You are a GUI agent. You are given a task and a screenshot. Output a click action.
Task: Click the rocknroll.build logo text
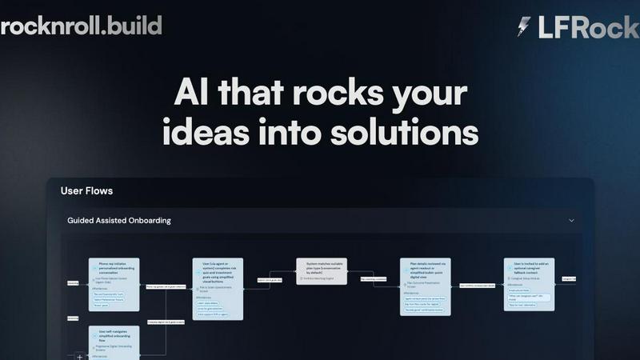(x=81, y=25)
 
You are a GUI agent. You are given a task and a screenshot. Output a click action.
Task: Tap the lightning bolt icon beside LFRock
(x=524, y=27)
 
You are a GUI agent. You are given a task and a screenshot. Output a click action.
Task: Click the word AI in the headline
(x=194, y=94)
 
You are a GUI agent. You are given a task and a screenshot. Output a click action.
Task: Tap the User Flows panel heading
(x=86, y=191)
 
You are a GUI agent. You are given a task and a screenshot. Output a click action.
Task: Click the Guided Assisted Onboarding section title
(x=118, y=220)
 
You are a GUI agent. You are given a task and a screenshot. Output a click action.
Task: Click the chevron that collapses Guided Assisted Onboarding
(x=571, y=220)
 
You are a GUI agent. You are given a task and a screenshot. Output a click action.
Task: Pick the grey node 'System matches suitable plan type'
(x=322, y=271)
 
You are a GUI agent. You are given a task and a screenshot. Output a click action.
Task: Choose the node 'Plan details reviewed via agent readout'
(x=426, y=286)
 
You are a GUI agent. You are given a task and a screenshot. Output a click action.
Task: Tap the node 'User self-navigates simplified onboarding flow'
(x=114, y=340)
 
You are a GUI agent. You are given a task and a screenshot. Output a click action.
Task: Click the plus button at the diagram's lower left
(x=79, y=356)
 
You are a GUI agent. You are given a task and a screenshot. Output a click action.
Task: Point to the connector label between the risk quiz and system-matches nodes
(x=270, y=280)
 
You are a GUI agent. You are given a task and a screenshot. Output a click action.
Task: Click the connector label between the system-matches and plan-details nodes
(x=374, y=279)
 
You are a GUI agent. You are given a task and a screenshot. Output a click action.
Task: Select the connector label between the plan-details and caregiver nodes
(x=477, y=284)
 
